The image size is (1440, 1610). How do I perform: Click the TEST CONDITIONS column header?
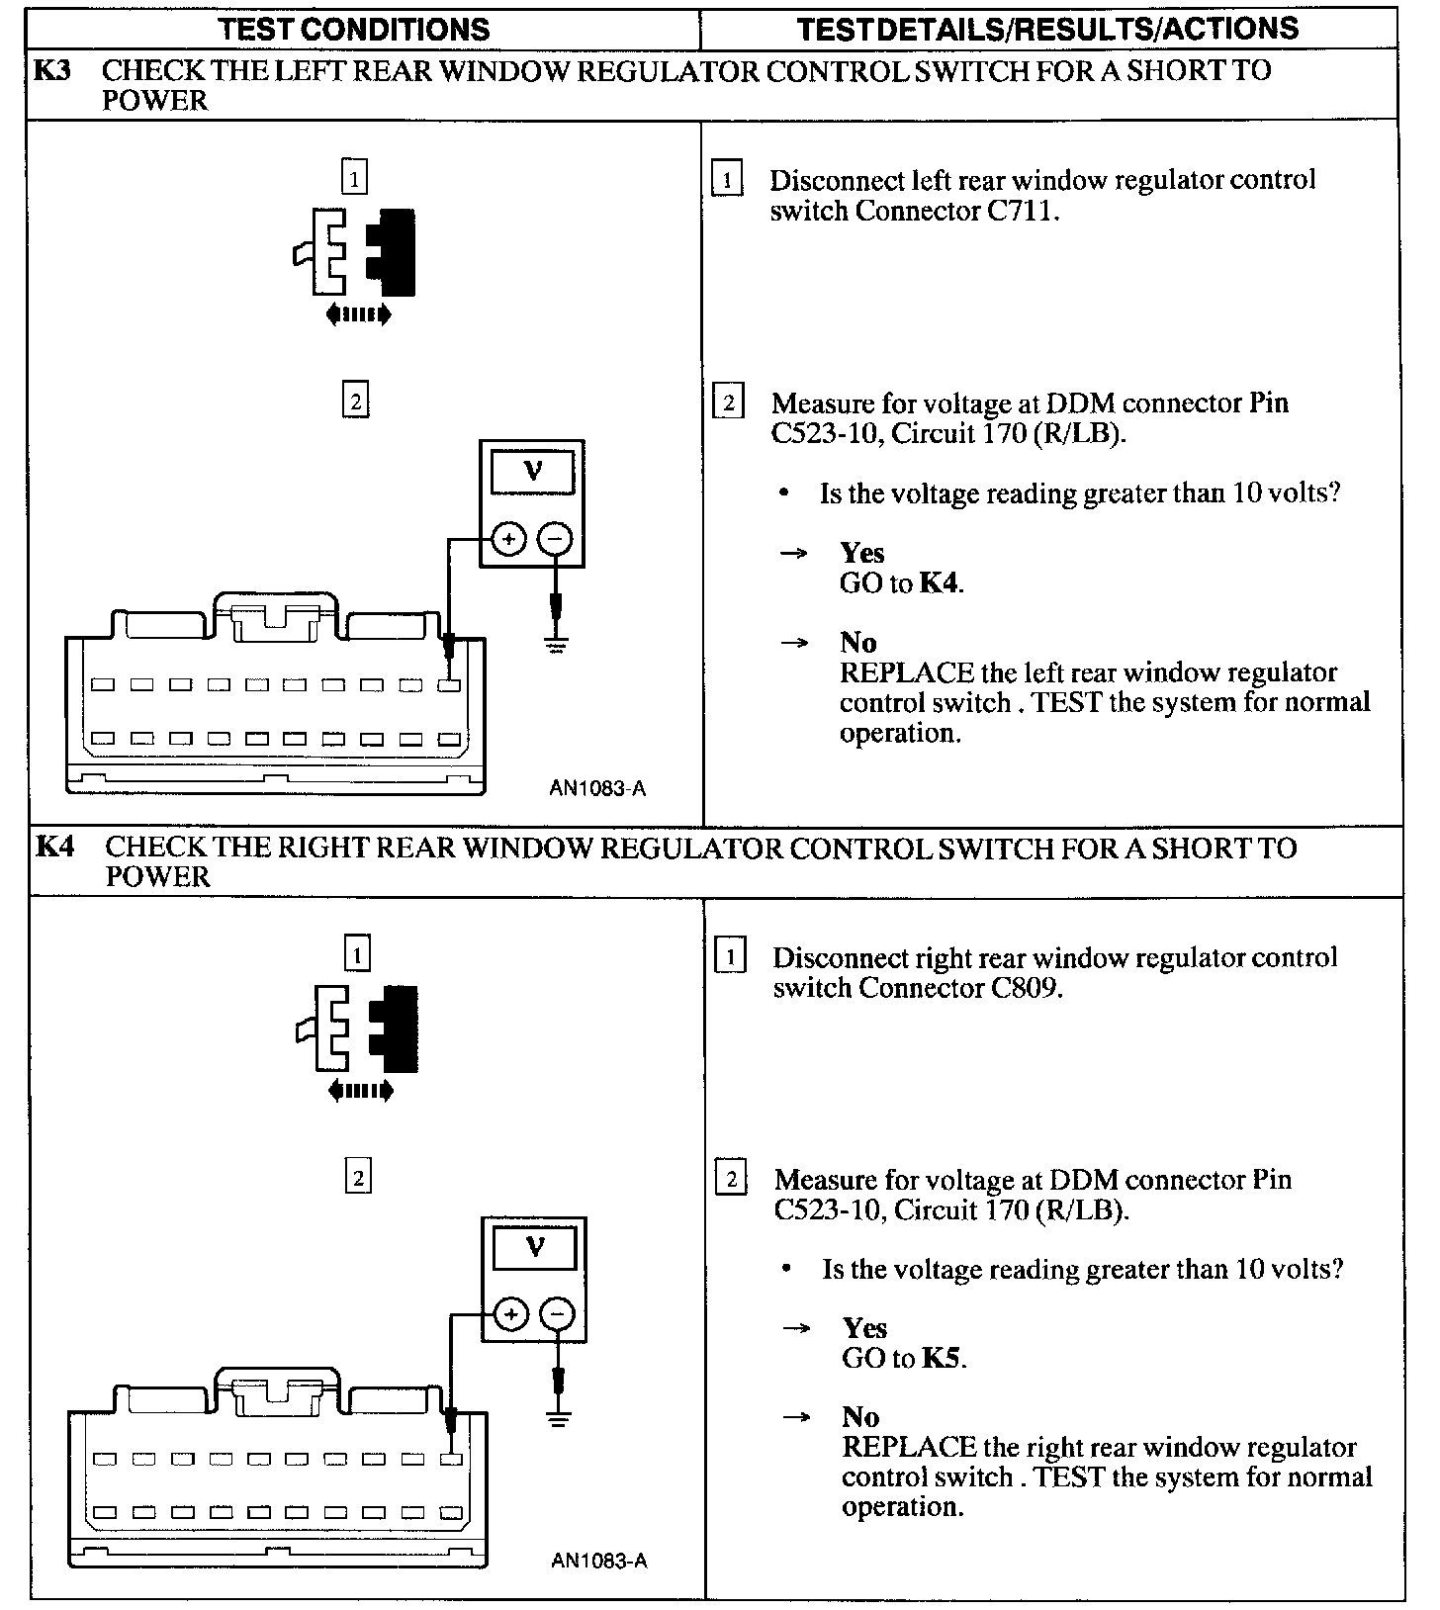(x=354, y=29)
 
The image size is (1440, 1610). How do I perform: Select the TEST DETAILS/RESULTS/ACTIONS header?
(x=1047, y=29)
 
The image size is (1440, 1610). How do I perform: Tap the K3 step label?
(x=52, y=71)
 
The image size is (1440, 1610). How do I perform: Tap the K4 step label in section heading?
(x=55, y=848)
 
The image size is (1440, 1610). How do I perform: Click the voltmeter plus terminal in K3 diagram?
(x=508, y=539)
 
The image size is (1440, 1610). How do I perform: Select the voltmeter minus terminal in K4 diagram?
(x=558, y=1314)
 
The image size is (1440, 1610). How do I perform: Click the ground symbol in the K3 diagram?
(x=557, y=647)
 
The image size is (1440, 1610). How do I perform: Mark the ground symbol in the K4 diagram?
(x=559, y=1422)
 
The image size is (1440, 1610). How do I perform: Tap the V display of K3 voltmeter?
(x=533, y=472)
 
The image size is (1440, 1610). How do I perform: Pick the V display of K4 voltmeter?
(x=535, y=1247)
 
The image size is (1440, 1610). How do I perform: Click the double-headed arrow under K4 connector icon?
(x=360, y=1091)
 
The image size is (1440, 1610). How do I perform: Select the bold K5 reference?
(x=941, y=1359)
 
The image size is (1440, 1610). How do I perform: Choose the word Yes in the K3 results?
(x=862, y=553)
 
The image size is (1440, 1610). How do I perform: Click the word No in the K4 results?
(x=860, y=1417)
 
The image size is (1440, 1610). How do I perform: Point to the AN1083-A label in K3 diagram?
(x=597, y=788)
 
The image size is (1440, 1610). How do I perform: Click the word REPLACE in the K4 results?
(x=908, y=1448)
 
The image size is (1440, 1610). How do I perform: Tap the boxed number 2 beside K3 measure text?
(x=729, y=403)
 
